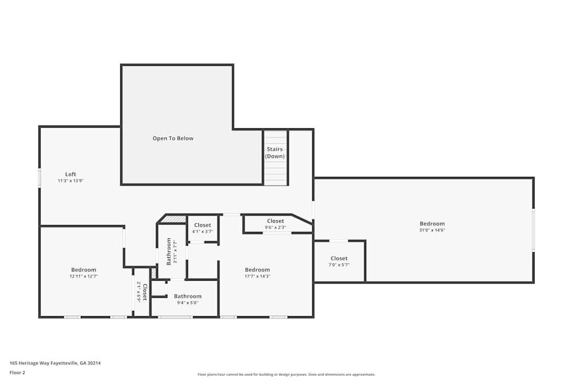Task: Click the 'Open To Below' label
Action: (172, 139)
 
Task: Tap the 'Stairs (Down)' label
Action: (275, 152)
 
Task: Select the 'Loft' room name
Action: (70, 174)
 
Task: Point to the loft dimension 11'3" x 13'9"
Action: (70, 181)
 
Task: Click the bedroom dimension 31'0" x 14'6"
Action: (432, 230)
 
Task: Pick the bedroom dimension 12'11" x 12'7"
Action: (84, 276)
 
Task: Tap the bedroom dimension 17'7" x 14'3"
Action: (257, 276)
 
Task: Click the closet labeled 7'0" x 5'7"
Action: (339, 265)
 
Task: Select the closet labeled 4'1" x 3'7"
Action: (202, 231)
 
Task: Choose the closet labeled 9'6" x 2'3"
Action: (275, 227)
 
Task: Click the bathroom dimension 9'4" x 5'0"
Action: (187, 302)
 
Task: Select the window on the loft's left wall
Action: (40, 178)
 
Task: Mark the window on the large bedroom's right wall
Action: (533, 230)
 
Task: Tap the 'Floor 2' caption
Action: (17, 372)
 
